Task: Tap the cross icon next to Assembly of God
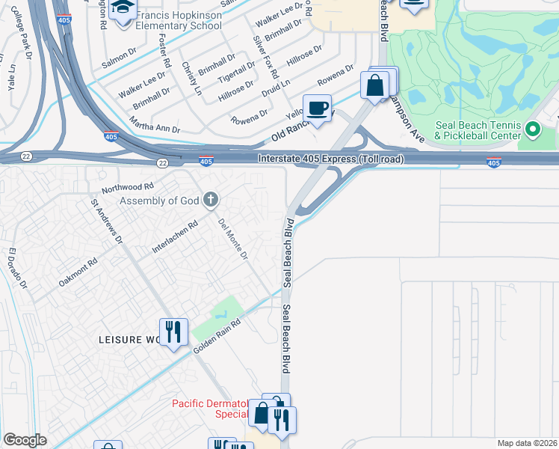pos(211,199)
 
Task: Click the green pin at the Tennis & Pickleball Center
pos(533,130)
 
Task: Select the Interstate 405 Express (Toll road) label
pos(331,159)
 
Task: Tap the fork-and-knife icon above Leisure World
pos(173,331)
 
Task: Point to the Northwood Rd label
pos(128,186)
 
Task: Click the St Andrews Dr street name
pos(106,220)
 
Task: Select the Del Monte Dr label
pos(232,239)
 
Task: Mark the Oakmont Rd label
pos(78,273)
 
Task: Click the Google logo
pos(25,440)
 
